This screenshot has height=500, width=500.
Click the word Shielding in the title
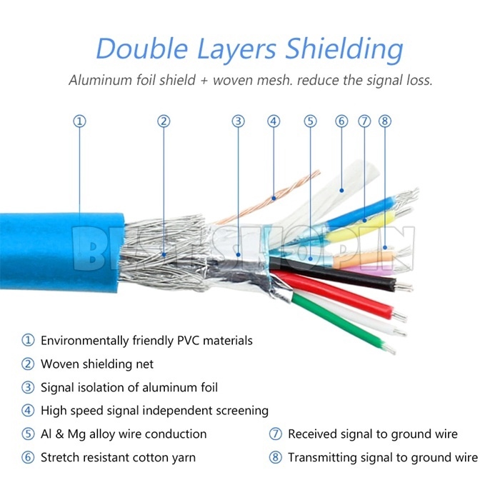click(x=344, y=49)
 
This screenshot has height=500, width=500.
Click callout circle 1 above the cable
click(x=80, y=121)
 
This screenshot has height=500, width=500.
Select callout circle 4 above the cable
click(x=274, y=121)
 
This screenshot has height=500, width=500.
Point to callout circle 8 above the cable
click(x=385, y=121)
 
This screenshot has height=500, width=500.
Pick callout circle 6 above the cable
click(x=341, y=121)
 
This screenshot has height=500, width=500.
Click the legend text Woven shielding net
click(x=97, y=364)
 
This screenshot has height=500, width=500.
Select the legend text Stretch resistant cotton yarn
click(x=118, y=457)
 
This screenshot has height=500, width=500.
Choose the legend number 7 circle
click(x=276, y=434)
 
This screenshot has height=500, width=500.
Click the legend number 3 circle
click(x=28, y=388)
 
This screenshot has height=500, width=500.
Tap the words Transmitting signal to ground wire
click(x=383, y=457)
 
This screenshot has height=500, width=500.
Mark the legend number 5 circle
click(x=28, y=434)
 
